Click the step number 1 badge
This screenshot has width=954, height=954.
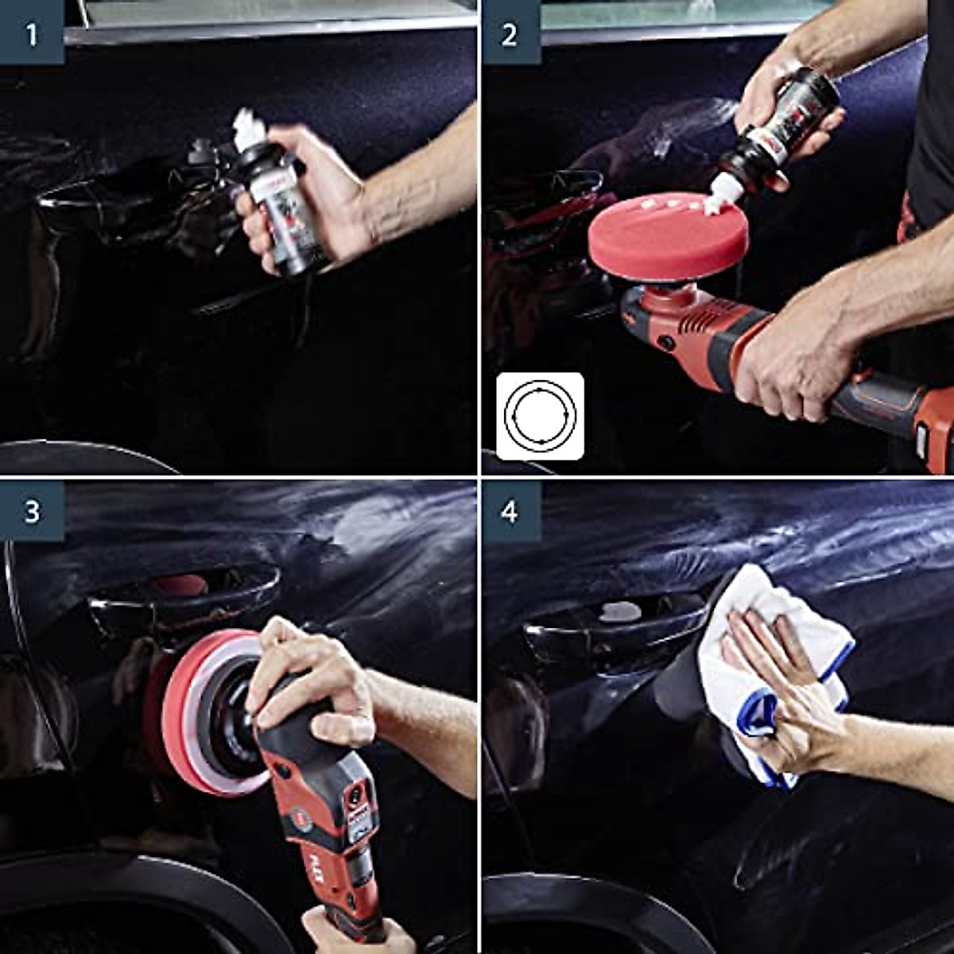[x=32, y=33]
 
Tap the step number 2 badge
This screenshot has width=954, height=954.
[x=510, y=33]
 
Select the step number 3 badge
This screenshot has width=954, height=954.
[x=32, y=511]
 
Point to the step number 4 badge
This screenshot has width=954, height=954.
[x=510, y=511]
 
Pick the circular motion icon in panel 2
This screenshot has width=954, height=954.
[x=540, y=416]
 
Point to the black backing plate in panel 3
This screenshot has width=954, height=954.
[x=227, y=719]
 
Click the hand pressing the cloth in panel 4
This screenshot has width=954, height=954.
[x=783, y=684]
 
